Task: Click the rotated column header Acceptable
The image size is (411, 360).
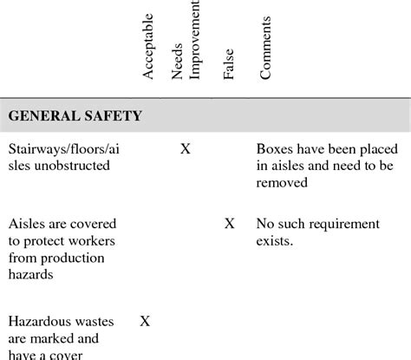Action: click(x=148, y=48)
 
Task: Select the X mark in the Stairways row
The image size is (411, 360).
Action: click(x=185, y=149)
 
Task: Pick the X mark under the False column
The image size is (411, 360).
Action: click(x=229, y=224)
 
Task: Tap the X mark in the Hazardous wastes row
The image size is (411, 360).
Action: click(x=145, y=321)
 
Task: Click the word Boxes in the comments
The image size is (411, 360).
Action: click(x=275, y=149)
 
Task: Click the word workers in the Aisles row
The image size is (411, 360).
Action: click(x=90, y=240)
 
